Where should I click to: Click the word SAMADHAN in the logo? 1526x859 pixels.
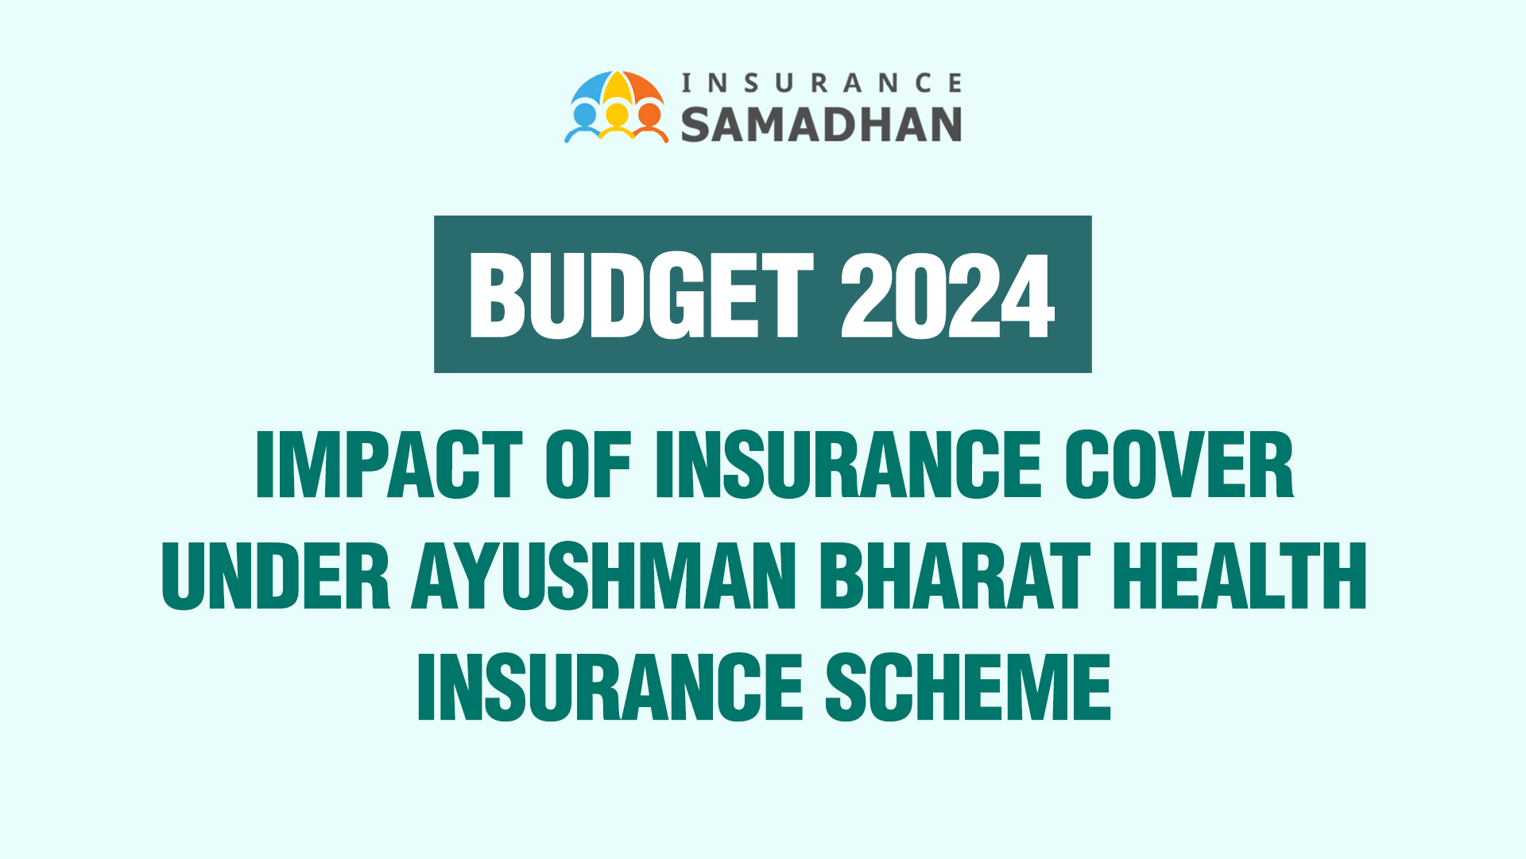pos(821,125)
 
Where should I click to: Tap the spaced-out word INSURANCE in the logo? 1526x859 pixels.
pos(822,83)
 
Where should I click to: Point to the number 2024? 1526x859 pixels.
pos(947,296)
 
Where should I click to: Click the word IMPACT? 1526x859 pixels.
pos(389,465)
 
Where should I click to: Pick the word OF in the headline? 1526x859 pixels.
pos(588,465)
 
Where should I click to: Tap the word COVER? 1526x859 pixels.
pos(1179,465)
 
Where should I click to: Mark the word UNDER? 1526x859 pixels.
pos(276,576)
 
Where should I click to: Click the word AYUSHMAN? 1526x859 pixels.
pos(604,576)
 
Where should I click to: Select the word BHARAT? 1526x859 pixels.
pos(955,576)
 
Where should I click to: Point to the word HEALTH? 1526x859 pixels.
pos(1240,576)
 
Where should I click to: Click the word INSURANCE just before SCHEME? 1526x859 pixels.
pos(610,687)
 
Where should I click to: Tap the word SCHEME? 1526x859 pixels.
pos(968,687)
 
